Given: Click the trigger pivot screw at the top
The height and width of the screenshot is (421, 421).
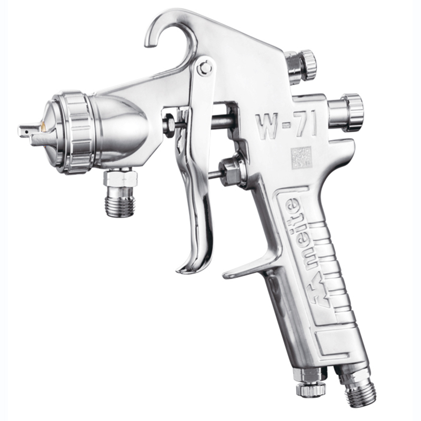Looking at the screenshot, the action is [x=204, y=68].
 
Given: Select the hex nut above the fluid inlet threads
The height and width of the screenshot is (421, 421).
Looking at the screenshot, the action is [x=121, y=178].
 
